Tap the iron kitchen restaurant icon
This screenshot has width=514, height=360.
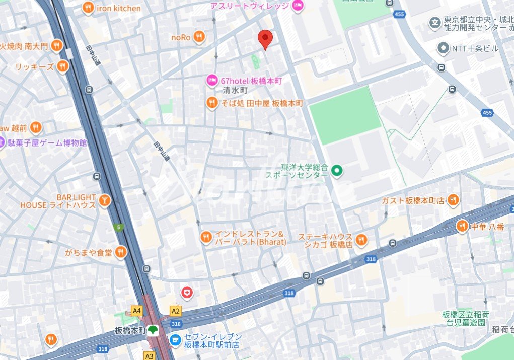coord(89,8)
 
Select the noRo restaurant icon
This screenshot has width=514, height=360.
coord(199,36)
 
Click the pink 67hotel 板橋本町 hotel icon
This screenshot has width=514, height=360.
coord(212,80)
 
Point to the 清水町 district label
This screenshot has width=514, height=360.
coord(235,91)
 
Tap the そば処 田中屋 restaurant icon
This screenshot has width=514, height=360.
coord(212,103)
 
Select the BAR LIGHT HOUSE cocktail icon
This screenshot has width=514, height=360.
coord(104,201)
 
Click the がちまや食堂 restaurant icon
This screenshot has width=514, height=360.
coord(121,252)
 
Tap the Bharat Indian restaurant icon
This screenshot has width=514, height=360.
coord(206,237)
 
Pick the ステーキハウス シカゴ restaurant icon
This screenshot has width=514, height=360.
coord(361,240)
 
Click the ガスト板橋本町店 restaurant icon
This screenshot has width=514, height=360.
coord(453,200)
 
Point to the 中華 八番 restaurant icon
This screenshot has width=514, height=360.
coord(462,227)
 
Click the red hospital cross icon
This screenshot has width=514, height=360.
coord(187,292)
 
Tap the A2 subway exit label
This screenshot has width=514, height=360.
coord(175,311)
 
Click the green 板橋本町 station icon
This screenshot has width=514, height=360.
coord(153,330)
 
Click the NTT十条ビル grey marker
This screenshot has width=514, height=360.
coord(443,48)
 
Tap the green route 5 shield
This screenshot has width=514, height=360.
coord(118,227)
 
